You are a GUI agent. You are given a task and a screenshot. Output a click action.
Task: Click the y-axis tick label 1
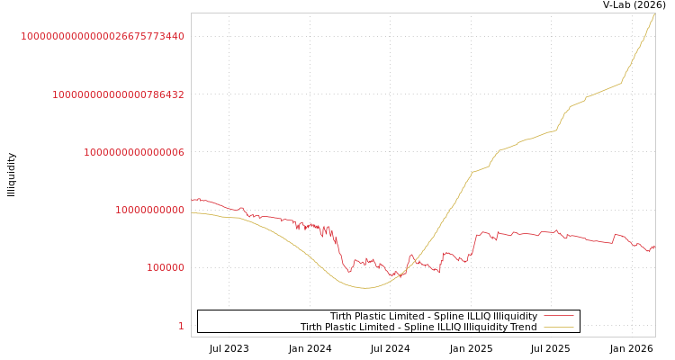(181, 326)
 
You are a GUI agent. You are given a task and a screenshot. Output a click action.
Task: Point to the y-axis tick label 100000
(166, 268)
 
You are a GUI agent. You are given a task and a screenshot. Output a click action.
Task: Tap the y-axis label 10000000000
(149, 211)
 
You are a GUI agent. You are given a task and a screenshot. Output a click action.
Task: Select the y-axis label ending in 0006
(134, 153)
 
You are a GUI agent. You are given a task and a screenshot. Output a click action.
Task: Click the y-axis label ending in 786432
(118, 94)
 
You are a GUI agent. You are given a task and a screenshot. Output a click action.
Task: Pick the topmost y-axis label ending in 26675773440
(103, 37)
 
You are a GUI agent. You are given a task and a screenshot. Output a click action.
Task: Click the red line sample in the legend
(559, 317)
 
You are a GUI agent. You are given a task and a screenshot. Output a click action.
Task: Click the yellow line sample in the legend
(559, 328)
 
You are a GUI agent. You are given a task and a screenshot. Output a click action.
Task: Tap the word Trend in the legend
(522, 328)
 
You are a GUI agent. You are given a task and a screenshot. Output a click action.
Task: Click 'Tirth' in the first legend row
(342, 317)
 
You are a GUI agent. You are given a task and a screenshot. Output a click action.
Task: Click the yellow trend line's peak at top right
(654, 13)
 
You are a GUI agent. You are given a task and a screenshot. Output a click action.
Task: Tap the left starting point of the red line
(192, 200)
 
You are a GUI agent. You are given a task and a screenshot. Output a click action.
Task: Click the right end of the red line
(654, 247)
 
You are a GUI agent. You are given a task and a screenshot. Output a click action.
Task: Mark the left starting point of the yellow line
(192, 213)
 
